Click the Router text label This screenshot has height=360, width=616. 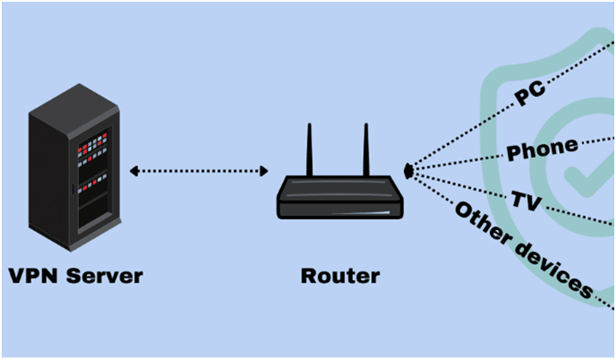pyautogui.click(x=340, y=277)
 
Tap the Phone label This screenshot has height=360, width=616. pyautogui.click(x=541, y=150)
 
